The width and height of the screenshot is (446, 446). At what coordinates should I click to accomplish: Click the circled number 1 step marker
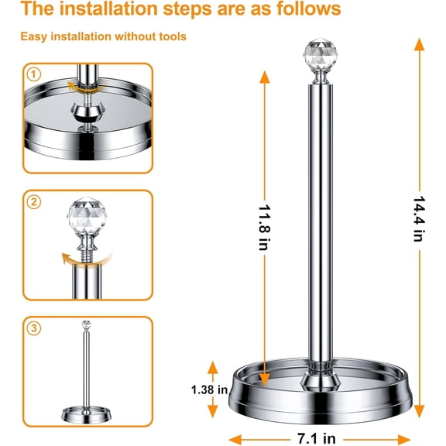tap(34, 74)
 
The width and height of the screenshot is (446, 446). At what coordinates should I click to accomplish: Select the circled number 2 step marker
tap(34, 202)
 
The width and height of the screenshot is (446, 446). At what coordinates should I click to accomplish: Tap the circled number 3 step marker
tap(34, 328)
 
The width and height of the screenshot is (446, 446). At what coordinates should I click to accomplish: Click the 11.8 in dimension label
tap(264, 228)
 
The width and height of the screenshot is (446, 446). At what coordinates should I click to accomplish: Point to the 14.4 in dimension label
tap(419, 219)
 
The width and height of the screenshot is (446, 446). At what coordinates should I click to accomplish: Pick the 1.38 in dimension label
tap(210, 389)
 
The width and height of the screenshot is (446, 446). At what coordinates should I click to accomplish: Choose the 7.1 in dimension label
tap(317, 438)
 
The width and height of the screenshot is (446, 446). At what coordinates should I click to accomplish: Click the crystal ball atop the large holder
tap(321, 53)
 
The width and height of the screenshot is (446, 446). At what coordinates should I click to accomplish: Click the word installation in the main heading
tap(108, 9)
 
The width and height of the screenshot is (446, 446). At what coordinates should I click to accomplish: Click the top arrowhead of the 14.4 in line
tap(419, 44)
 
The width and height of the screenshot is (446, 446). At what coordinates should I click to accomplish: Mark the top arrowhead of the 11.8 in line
tap(265, 77)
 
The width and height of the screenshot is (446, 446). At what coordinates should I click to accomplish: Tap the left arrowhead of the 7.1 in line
tap(235, 440)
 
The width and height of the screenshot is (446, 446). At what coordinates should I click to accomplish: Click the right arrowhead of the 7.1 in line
tap(404, 440)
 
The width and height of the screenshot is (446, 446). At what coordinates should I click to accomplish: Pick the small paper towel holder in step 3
tap(87, 372)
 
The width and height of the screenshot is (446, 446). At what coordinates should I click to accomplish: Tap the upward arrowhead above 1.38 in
tap(212, 368)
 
